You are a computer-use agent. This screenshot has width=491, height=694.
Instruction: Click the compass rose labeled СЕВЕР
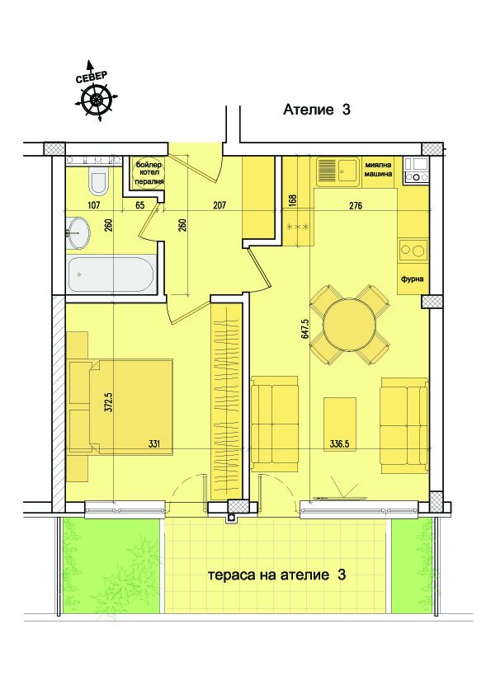(x=97, y=99)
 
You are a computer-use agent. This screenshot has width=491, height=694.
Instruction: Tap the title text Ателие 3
(x=317, y=110)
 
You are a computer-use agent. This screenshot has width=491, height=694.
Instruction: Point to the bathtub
(x=111, y=274)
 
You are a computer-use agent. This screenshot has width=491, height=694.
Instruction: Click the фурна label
(x=412, y=279)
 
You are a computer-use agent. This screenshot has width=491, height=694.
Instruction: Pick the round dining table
(x=348, y=324)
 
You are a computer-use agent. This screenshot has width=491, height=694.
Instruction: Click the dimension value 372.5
(x=107, y=403)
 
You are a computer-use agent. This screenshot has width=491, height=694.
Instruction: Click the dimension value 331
(x=153, y=443)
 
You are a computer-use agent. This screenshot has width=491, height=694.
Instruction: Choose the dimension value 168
(x=291, y=200)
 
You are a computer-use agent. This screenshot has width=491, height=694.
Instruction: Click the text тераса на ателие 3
(x=276, y=574)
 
